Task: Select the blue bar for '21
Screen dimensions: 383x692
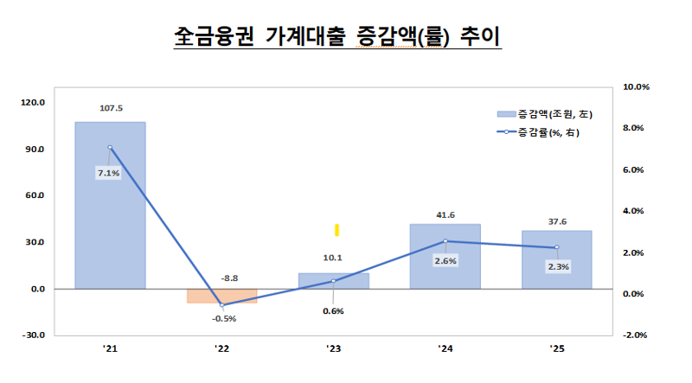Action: (110, 207)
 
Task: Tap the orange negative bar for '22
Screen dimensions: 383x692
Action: (221, 296)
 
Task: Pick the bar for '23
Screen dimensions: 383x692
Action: (333, 281)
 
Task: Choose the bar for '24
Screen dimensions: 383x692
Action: (445, 256)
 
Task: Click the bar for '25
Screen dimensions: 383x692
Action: (556, 259)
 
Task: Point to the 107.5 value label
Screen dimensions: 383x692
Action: (111, 109)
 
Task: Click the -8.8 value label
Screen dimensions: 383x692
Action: (222, 278)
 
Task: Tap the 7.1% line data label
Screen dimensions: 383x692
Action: (109, 173)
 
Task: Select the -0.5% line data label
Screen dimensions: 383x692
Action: (222, 318)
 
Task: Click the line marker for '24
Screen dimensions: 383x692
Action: (445, 241)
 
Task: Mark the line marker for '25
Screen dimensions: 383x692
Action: (556, 247)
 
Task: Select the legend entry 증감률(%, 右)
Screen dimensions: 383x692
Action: (548, 132)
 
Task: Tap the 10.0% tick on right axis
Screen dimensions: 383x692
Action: (636, 86)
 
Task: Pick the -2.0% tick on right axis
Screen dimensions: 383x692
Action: (636, 335)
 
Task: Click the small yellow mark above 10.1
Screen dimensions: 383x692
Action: (337, 229)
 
